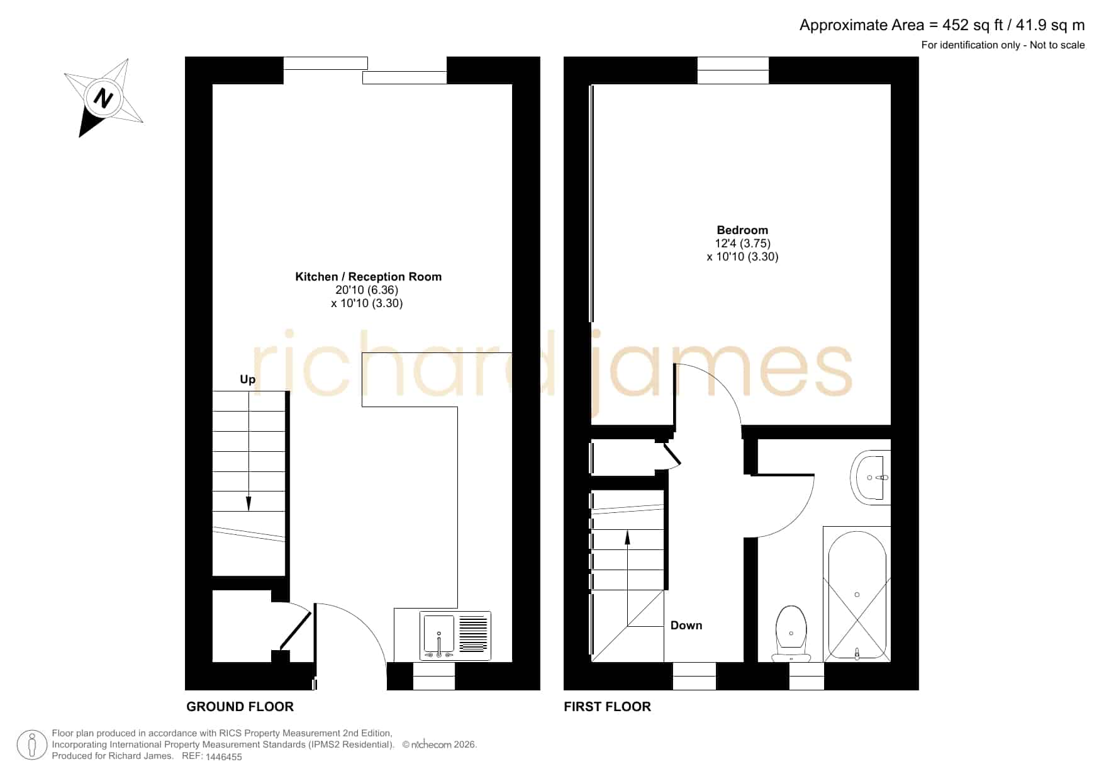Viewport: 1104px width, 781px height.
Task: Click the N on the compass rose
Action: click(103, 99)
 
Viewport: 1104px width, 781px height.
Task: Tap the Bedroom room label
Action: click(742, 230)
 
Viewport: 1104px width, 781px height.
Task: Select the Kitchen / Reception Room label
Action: click(368, 277)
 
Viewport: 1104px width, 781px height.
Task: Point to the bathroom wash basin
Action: click(871, 477)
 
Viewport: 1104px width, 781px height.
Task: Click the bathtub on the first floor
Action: click(857, 594)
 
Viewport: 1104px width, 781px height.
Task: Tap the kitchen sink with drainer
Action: click(455, 636)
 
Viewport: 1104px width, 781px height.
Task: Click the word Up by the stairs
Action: click(247, 379)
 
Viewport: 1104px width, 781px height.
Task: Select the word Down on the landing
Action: click(686, 625)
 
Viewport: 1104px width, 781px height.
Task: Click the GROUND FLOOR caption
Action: click(240, 707)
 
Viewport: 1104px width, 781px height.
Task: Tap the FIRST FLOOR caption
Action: click(607, 707)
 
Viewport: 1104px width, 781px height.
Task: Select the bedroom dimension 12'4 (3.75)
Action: click(742, 244)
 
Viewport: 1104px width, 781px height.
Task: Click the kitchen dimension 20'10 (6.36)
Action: click(367, 290)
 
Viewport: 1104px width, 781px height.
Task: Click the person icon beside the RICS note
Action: click(31, 746)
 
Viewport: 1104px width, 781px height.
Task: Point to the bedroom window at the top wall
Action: click(733, 70)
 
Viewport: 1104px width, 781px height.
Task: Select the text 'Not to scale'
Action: click(1057, 45)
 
